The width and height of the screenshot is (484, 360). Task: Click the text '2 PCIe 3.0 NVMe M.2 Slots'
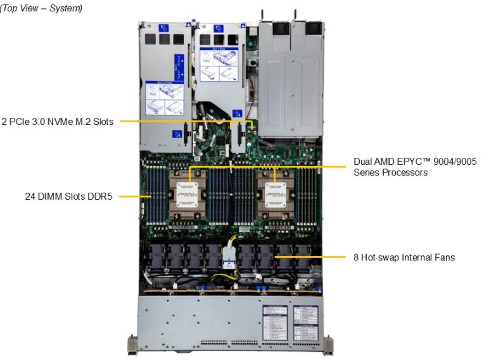[x=58, y=121]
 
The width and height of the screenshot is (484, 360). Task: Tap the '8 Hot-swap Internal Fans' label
[x=404, y=257]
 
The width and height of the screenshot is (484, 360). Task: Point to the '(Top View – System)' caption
[x=41, y=8]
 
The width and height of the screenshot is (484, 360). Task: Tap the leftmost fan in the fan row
[x=156, y=257]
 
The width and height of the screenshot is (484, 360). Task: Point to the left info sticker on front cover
[x=277, y=320]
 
